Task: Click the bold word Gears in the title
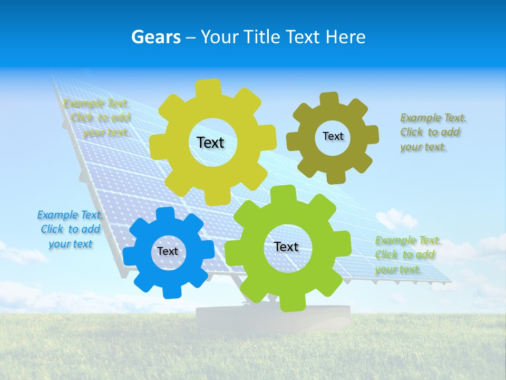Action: (156, 37)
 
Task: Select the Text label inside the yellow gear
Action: (210, 142)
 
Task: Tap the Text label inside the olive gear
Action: (333, 136)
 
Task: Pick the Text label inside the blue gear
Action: (168, 251)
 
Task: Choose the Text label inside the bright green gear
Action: (286, 246)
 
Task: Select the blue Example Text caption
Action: (70, 229)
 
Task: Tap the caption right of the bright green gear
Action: (407, 254)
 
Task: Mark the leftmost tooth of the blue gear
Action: (130, 256)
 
